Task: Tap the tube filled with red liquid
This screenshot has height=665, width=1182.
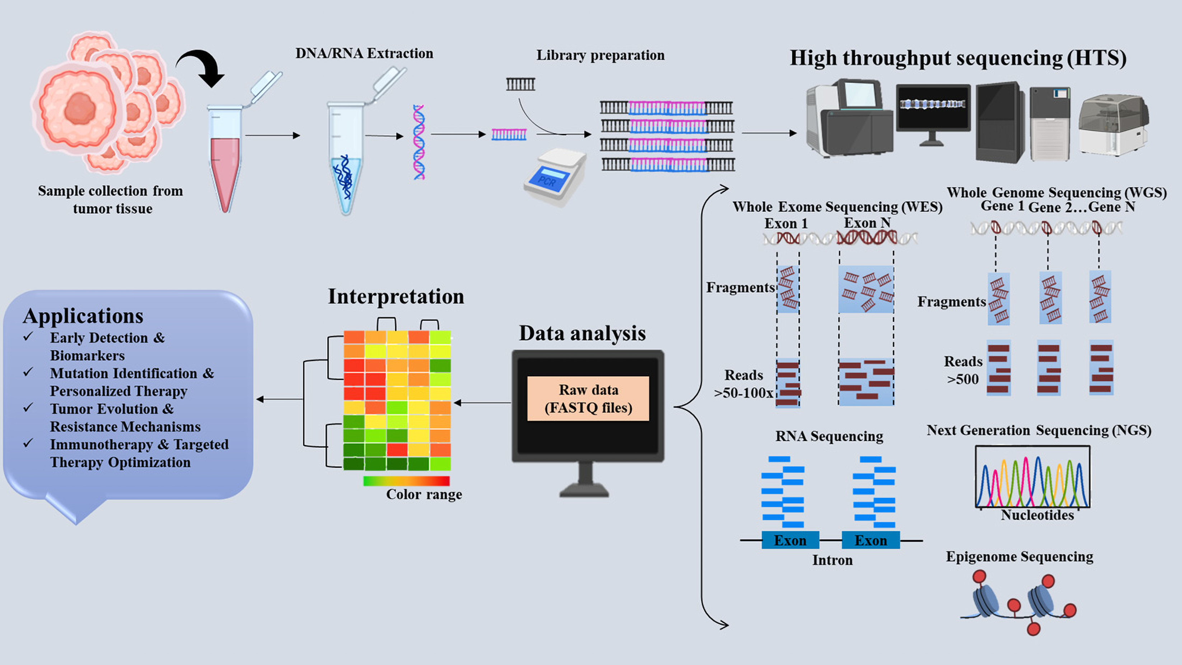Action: [x=225, y=158]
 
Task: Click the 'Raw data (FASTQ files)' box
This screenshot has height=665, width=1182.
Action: [x=588, y=398]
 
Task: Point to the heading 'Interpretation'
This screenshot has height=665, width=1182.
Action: [x=396, y=296]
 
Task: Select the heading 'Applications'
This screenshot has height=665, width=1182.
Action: [x=83, y=316]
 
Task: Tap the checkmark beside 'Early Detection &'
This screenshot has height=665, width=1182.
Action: [x=28, y=337]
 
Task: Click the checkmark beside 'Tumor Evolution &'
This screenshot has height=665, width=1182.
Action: [x=28, y=407]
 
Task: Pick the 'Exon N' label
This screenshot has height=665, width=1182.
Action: [x=867, y=223]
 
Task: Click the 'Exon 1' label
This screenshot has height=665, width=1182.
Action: [x=786, y=223]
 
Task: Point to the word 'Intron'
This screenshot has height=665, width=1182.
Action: [x=832, y=560]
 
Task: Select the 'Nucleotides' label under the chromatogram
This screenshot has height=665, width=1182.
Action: [x=1037, y=515]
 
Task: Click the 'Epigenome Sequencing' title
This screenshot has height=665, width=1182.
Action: [x=1019, y=557]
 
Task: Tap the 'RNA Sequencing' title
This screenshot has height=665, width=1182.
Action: [x=829, y=436]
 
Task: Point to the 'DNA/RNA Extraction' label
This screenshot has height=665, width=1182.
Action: [x=364, y=53]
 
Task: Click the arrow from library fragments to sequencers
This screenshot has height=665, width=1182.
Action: [x=770, y=133]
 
